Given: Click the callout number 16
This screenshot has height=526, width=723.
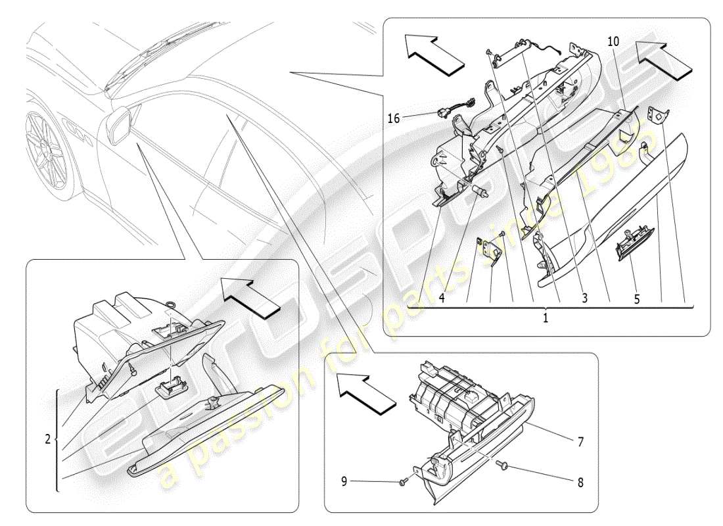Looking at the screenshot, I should (394, 118).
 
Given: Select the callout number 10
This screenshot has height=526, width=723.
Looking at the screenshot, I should (613, 41).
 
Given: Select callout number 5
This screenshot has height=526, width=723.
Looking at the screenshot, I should (636, 298).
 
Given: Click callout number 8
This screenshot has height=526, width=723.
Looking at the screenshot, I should (580, 482).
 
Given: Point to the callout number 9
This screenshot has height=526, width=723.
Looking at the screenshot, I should (343, 482).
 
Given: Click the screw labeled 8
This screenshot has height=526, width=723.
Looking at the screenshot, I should (504, 466).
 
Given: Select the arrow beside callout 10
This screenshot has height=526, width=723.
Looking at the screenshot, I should (668, 57).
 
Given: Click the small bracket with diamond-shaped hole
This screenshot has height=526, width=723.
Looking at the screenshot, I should (657, 115).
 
